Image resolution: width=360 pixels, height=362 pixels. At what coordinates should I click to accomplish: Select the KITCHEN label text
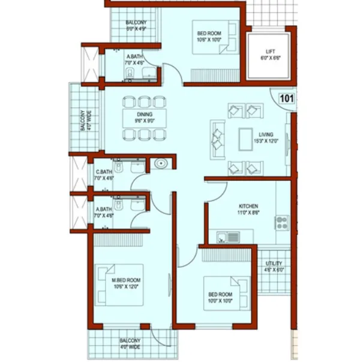(248, 205)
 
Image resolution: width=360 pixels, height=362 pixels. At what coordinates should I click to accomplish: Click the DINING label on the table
(144, 114)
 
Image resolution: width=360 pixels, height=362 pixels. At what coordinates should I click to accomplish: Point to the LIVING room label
(266, 135)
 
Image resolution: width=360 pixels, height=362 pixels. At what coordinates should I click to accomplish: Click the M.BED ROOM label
(126, 280)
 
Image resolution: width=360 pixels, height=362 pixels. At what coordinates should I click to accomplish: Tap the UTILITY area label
(272, 264)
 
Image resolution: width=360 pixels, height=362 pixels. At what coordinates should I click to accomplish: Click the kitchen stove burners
(282, 223)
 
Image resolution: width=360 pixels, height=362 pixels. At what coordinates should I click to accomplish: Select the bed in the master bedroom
(120, 285)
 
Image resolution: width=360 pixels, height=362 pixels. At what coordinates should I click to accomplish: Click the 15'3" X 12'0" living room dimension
(266, 141)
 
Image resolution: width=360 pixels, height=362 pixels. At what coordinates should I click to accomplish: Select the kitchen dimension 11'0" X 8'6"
(248, 212)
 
